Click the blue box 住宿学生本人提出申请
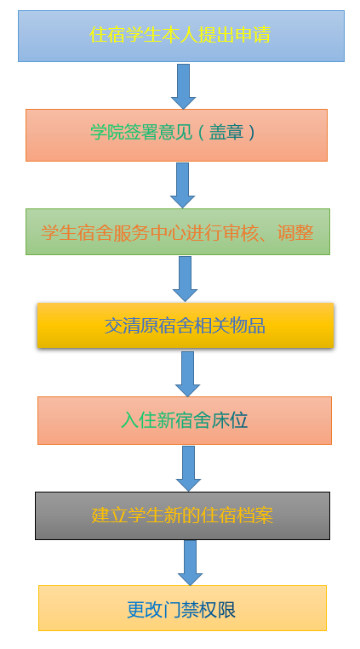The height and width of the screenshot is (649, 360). (x=181, y=36)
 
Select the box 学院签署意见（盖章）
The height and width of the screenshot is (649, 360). (x=176, y=135)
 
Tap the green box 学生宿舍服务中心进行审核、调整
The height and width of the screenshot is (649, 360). (x=178, y=231)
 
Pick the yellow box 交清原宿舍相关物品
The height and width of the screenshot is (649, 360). (x=186, y=325)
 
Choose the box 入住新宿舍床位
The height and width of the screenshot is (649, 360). (x=185, y=420)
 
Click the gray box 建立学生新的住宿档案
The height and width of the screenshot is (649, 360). (x=183, y=515)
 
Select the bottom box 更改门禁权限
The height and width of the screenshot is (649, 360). (x=183, y=608)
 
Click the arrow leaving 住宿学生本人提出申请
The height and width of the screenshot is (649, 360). (x=183, y=87)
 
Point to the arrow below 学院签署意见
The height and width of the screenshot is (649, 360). (x=183, y=185)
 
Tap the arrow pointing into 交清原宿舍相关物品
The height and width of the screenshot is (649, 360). (x=186, y=279)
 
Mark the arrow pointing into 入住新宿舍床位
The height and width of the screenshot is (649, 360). (x=188, y=374)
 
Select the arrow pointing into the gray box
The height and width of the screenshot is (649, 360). (x=188, y=469)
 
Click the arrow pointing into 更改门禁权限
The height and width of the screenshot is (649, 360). (x=190, y=563)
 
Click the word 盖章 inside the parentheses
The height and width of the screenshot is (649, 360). (x=226, y=133)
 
